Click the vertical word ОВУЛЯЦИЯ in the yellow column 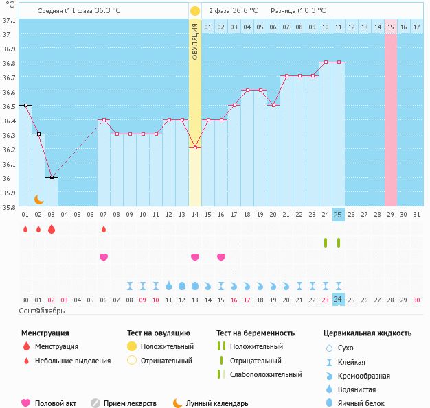195,41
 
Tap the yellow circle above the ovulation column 195,11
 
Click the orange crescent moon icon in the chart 39,199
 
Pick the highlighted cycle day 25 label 338,215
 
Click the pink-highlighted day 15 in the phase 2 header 390,27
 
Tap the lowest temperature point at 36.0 51,177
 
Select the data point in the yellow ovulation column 195,147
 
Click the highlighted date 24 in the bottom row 338,300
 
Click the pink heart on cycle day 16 221,257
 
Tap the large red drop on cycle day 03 51,229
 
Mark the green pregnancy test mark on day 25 338,242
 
